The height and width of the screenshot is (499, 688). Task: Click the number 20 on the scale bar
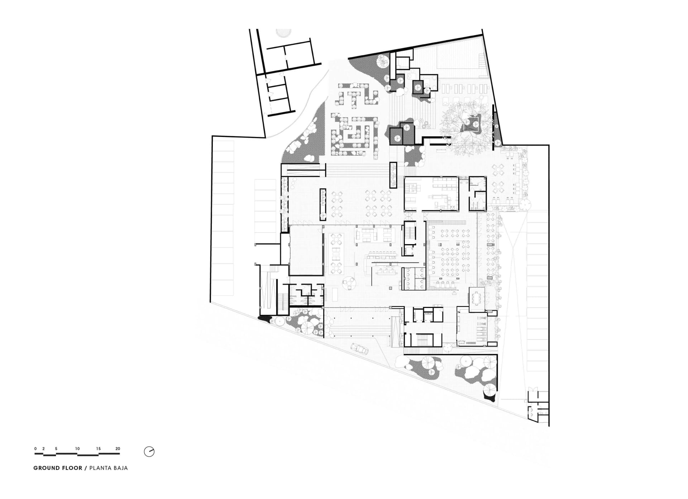(x=118, y=449)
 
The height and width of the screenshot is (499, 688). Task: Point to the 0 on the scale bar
(x=35, y=449)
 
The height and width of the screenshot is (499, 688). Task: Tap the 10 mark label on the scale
(x=77, y=449)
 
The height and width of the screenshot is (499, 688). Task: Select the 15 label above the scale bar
(x=99, y=449)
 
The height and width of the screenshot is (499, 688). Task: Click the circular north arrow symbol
(x=149, y=452)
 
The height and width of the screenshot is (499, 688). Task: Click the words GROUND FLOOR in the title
(x=58, y=468)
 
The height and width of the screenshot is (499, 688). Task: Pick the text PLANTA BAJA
(x=109, y=468)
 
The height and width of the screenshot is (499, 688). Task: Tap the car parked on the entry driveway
(x=358, y=348)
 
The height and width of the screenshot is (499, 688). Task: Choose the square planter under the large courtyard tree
(x=472, y=123)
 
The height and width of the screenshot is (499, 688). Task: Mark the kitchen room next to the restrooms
(x=431, y=194)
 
